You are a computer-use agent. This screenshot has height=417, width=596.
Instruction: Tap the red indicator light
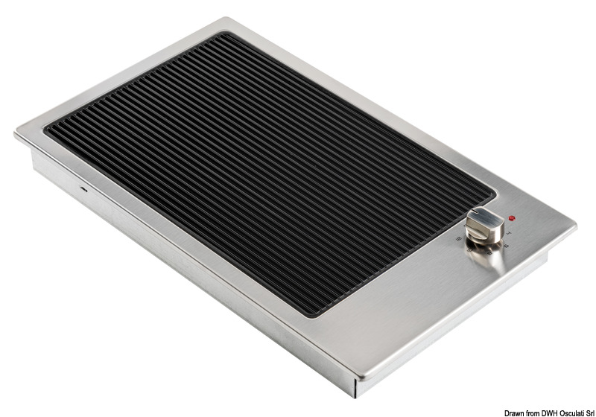512,218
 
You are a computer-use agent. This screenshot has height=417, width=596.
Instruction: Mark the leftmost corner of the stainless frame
15,134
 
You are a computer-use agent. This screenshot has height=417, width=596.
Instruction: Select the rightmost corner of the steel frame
575,223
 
